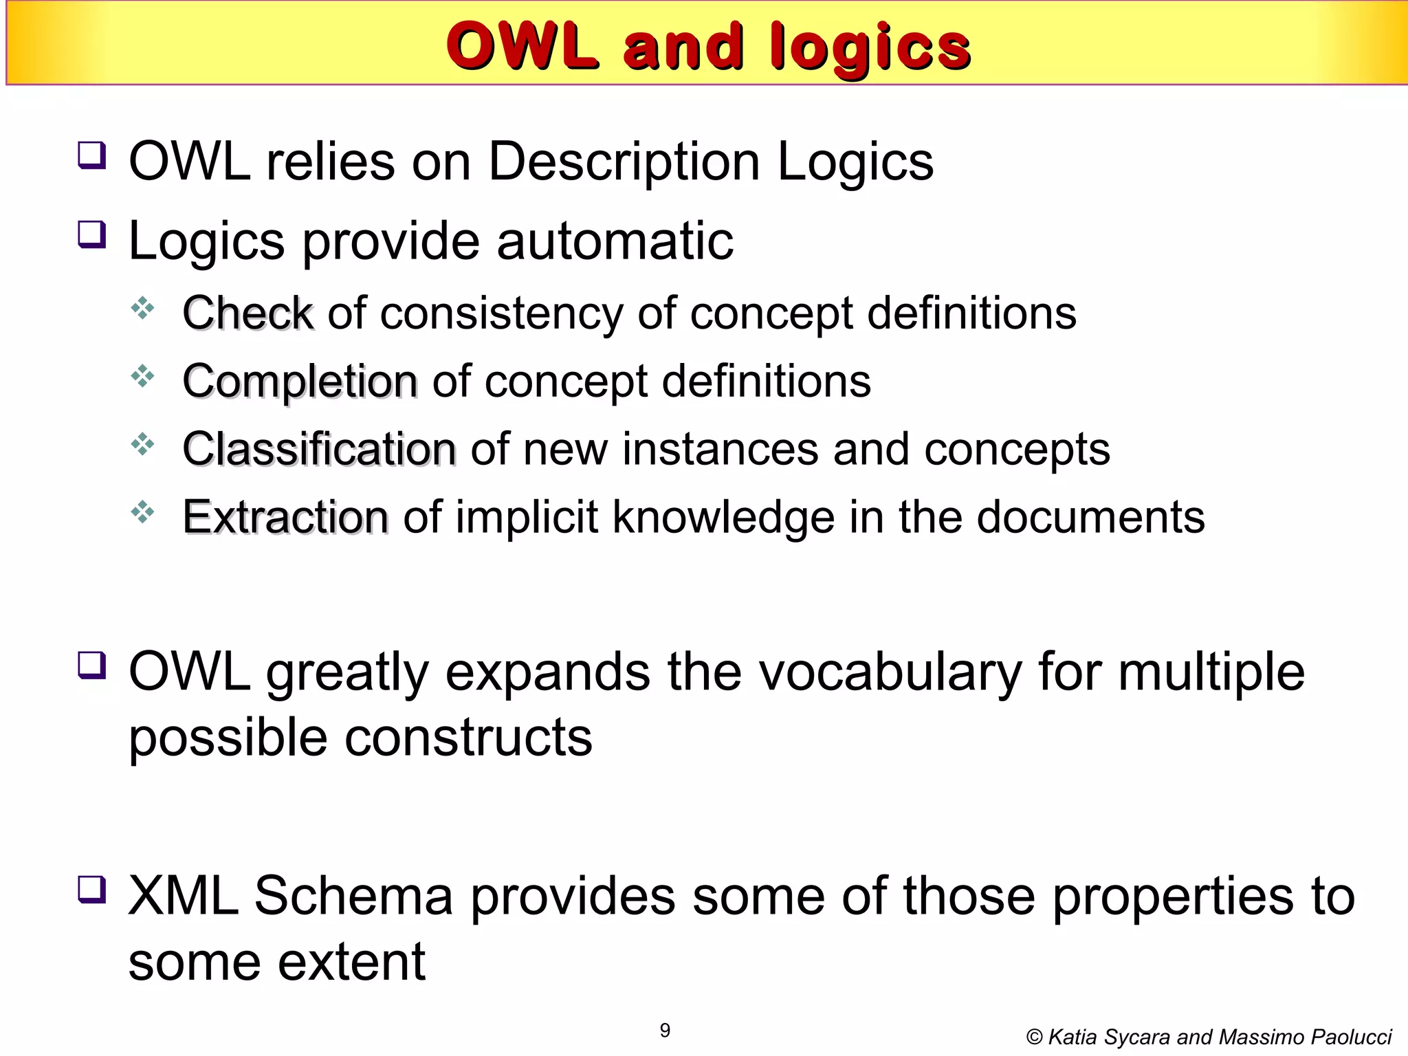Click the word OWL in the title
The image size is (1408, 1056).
point(520,46)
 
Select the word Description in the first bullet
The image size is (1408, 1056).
point(624,162)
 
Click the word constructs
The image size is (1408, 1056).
point(467,737)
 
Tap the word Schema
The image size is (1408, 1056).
point(353,896)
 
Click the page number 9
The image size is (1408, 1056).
point(665,1031)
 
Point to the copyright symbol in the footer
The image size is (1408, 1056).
point(1033,1037)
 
